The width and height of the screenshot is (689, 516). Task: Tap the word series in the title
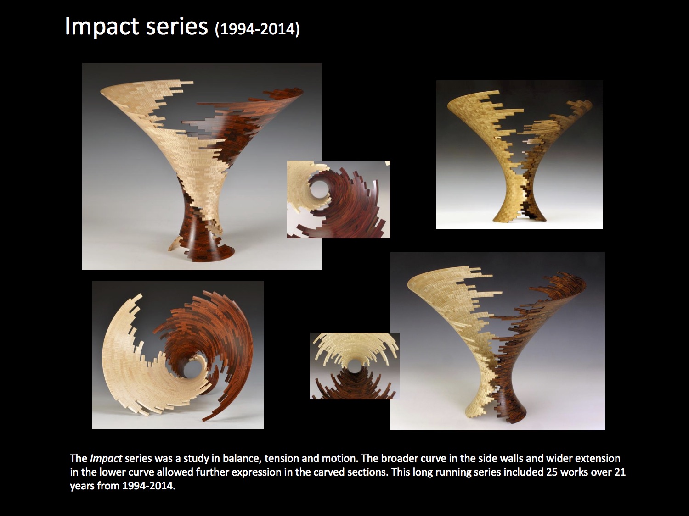pos(177,26)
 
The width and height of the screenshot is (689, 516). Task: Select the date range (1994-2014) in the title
pos(257,29)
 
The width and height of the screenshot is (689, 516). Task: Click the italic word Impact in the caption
pos(106,459)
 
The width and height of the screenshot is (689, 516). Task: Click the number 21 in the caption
pos(620,472)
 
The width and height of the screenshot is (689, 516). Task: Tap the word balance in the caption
pos(242,458)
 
